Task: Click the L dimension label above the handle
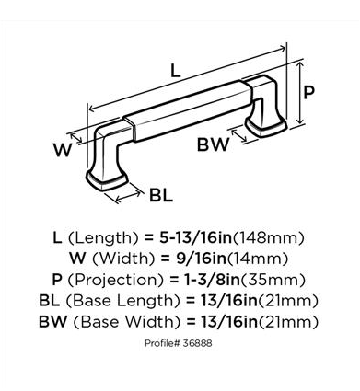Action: [x=175, y=71]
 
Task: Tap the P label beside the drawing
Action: [x=308, y=92]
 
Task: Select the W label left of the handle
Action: [x=63, y=150]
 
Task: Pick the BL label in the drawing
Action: [x=161, y=195]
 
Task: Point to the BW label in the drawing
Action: [x=213, y=144]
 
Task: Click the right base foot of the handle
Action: [x=266, y=128]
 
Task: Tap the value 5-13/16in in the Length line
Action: [x=196, y=238]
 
